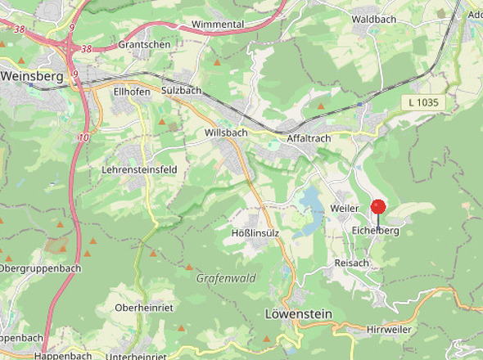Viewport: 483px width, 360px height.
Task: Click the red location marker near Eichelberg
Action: [x=378, y=207]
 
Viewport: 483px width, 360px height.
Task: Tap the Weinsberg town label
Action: [x=33, y=75]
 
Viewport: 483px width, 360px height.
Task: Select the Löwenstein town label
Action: [x=299, y=313]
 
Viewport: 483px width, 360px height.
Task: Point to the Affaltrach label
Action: [x=309, y=138]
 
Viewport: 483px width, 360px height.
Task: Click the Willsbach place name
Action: [x=226, y=132]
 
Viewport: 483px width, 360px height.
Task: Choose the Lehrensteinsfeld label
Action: [x=139, y=169]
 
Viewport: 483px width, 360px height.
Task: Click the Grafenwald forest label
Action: [x=226, y=278]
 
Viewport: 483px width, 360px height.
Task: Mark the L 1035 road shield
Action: [x=423, y=102]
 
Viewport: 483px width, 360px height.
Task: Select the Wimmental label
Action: [x=218, y=25]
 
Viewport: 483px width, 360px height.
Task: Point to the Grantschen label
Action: [x=144, y=44]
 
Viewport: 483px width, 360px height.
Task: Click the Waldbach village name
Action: [x=373, y=18]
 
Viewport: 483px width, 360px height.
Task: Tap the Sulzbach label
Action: [x=181, y=90]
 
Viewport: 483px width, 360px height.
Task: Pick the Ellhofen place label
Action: [x=132, y=92]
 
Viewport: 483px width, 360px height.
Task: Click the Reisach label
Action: [x=352, y=263]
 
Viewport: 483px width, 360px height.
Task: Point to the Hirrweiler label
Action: [x=389, y=329]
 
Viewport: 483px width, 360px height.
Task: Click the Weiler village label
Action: [x=345, y=209]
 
